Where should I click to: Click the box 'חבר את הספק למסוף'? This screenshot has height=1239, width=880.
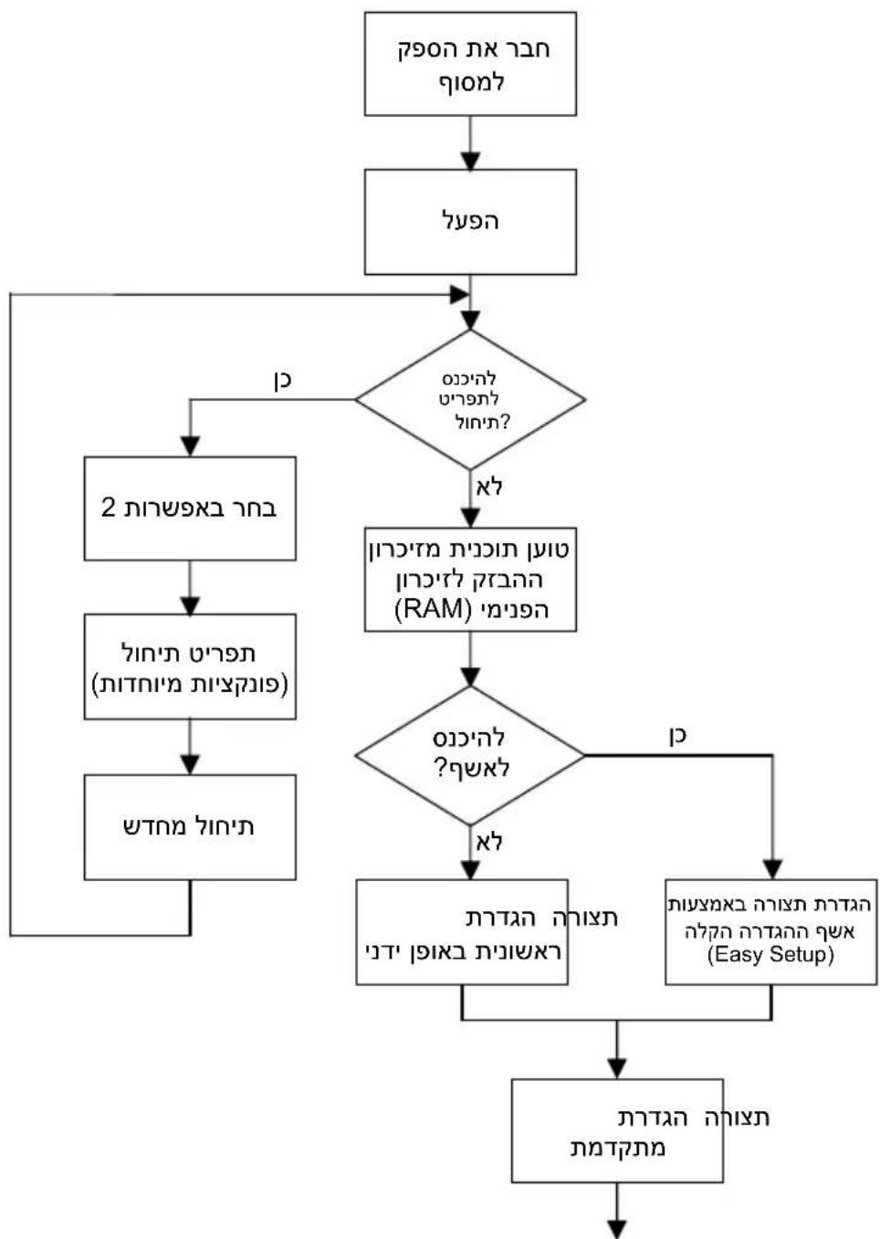[470, 64]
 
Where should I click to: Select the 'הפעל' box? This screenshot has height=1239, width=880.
[470, 222]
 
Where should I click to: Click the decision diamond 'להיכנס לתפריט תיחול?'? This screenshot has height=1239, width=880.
[470, 399]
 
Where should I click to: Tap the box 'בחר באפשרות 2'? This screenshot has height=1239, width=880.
[190, 509]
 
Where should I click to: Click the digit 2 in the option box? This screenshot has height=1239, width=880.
[109, 508]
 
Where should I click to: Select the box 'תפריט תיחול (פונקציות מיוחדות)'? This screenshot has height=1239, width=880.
[190, 667]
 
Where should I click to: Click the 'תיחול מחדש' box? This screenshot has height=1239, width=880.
[190, 827]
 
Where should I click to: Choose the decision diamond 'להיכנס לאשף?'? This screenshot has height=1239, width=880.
[470, 755]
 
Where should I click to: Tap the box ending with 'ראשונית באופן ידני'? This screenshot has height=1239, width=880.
[462, 932]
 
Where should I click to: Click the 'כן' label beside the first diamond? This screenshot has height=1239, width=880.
[283, 380]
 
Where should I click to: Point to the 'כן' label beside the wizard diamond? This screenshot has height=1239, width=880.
[677, 735]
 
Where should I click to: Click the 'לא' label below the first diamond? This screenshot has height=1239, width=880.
[489, 487]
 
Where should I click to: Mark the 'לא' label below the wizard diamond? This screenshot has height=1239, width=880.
[489, 841]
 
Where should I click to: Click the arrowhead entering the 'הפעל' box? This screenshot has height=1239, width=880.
[470, 161]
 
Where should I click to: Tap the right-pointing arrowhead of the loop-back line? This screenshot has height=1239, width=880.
[460, 294]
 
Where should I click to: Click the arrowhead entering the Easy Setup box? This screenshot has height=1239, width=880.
[772, 869]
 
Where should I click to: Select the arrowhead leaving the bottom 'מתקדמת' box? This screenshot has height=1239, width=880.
[617, 1229]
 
